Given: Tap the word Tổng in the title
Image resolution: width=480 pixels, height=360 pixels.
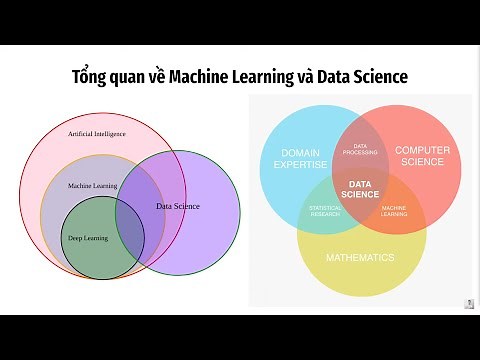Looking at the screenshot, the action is tap(92, 76).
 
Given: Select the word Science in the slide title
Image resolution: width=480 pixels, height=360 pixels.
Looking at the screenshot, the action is tap(374, 76).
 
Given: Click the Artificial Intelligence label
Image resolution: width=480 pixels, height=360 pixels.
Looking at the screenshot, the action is tap(96, 133).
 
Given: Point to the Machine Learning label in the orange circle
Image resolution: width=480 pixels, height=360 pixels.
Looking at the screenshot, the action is tap(93, 186).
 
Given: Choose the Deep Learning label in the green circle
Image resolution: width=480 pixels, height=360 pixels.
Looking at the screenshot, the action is tap(88, 238).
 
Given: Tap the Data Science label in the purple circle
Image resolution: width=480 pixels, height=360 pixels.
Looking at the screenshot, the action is tap(178, 206).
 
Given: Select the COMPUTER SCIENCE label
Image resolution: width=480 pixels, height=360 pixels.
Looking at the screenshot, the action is tap(423, 157).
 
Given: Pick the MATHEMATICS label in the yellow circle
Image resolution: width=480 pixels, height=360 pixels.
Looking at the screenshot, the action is tap(360, 257).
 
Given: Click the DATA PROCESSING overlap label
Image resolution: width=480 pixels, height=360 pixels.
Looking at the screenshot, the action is tap(360, 148).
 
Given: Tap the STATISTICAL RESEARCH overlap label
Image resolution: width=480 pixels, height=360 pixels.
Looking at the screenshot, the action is tap(325, 209).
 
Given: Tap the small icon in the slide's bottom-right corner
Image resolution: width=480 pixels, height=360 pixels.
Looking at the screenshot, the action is tap(469, 303).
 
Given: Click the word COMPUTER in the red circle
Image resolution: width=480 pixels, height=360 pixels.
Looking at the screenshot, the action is tap(423, 150).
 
